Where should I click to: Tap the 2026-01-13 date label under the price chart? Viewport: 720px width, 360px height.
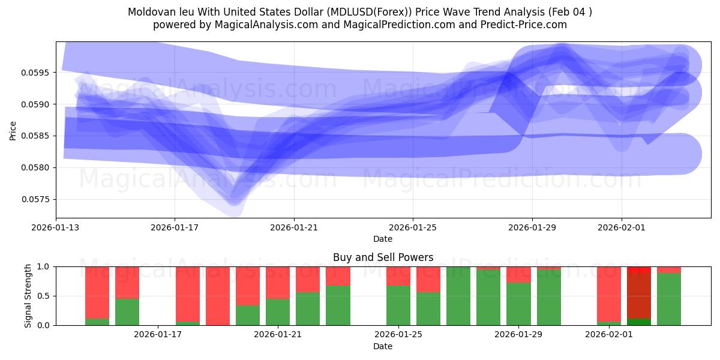56,227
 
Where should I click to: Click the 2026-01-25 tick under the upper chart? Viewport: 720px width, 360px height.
413,227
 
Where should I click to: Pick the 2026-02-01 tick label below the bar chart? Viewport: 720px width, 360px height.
609,335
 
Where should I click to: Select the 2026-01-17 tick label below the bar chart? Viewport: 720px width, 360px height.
157,335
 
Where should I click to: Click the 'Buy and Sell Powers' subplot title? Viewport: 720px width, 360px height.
383,257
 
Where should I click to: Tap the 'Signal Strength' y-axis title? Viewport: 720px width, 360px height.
28,296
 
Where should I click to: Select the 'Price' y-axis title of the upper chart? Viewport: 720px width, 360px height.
13,130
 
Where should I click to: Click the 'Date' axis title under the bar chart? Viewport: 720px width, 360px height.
383,346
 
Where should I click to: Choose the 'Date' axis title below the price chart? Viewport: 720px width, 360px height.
383,239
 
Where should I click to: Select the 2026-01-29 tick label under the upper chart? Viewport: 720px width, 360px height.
532,227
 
